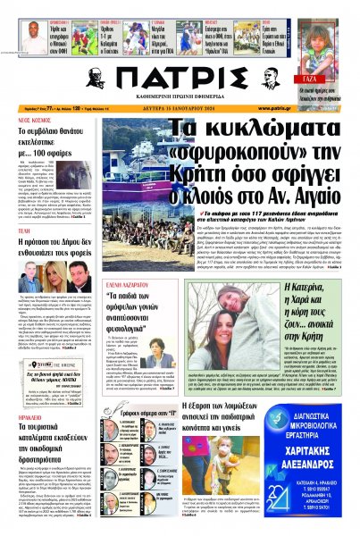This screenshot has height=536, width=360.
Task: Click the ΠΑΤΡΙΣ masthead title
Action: pos(180,74)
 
